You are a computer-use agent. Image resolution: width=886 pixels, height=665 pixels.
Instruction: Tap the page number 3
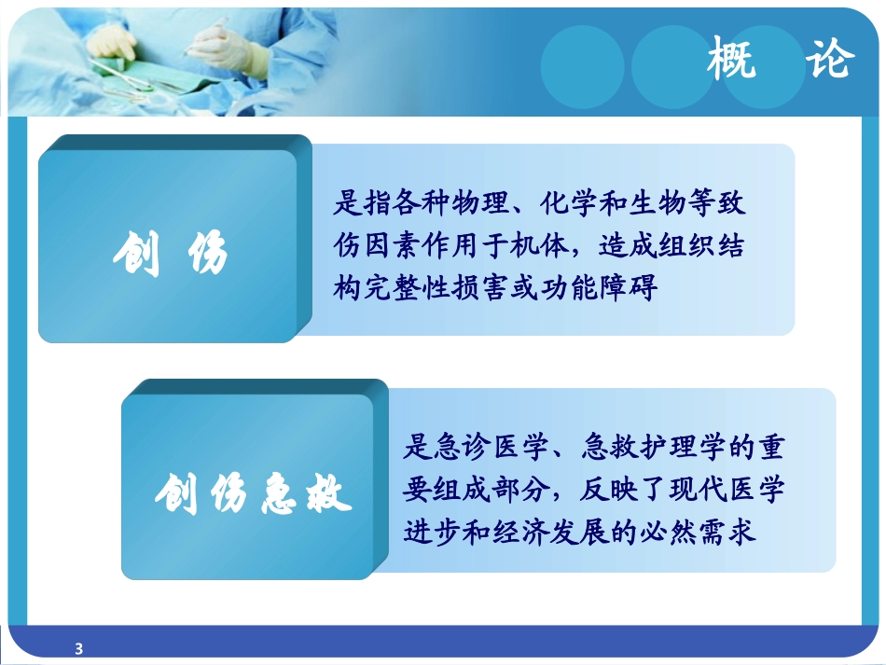tap(78, 648)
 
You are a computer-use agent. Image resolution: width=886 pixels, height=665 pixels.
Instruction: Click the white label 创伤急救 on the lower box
tap(254, 495)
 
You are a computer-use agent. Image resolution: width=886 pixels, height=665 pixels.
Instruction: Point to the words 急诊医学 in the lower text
tap(476, 448)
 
